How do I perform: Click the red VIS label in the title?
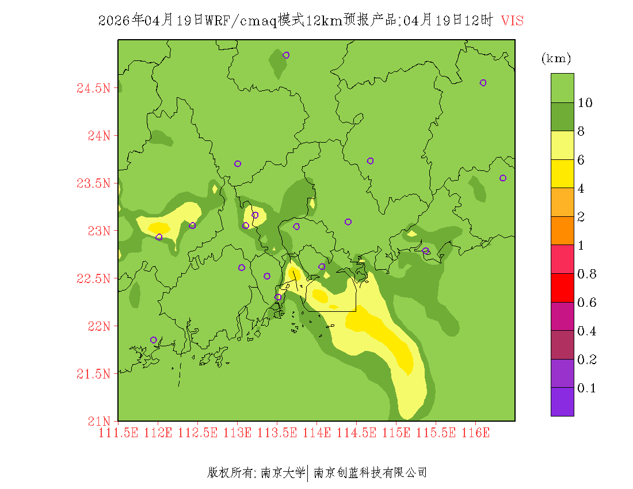pyautogui.click(x=512, y=21)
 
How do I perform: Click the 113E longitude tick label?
pyautogui.click(x=237, y=433)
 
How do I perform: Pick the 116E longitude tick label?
pyautogui.click(x=475, y=433)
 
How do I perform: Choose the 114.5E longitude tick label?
pyautogui.click(x=356, y=433)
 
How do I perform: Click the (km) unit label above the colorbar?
pyautogui.click(x=555, y=59)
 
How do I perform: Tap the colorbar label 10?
pyautogui.click(x=585, y=103)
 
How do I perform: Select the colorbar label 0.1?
pyautogui.click(x=586, y=388)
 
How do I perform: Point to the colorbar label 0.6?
pyautogui.click(x=586, y=303)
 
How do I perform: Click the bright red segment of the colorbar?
pyautogui.click(x=562, y=288)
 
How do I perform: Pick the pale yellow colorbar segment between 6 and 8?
pyautogui.click(x=562, y=145)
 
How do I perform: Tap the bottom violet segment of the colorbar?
pyautogui.click(x=562, y=402)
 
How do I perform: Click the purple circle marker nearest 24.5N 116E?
pyautogui.click(x=483, y=83)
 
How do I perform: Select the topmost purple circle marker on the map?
pyautogui.click(x=286, y=55)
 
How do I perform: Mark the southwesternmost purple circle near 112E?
pyautogui.click(x=153, y=340)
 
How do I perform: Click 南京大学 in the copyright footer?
pyautogui.click(x=283, y=473)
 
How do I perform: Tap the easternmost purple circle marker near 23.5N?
pyautogui.click(x=502, y=178)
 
